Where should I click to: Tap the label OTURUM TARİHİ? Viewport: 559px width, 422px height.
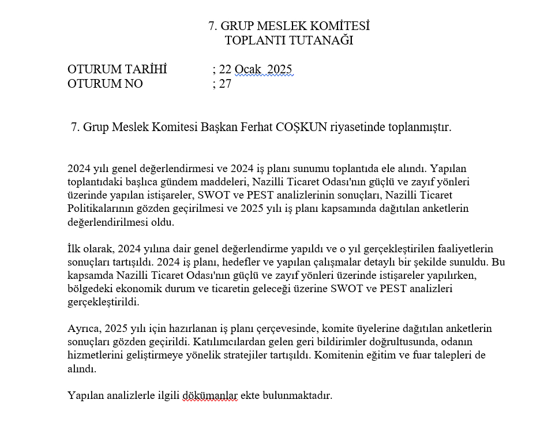coord(117,69)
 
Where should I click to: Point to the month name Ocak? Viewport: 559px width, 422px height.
coord(248,69)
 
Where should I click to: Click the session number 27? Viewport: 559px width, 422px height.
coord(225,83)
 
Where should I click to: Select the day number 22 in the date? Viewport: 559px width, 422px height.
coord(225,69)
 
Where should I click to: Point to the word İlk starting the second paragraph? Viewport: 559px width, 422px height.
coord(74,249)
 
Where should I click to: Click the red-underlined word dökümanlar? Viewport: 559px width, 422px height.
coord(210,395)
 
